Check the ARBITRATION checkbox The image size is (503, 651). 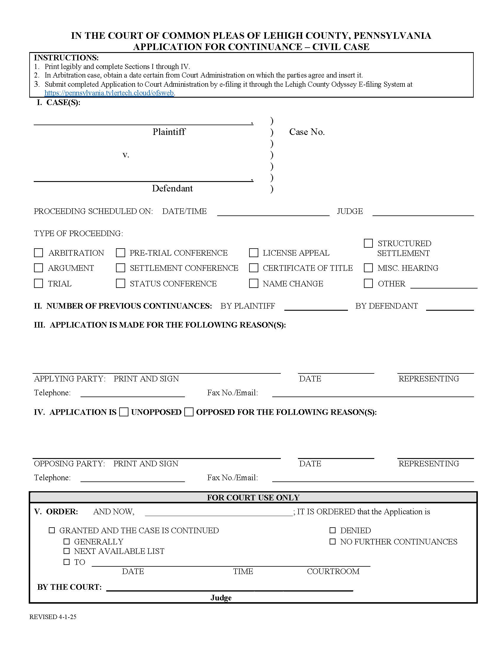(x=38, y=253)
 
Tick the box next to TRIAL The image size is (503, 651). (x=38, y=283)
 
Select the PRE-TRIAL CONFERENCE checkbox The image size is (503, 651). (x=120, y=253)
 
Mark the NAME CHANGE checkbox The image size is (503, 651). (x=254, y=283)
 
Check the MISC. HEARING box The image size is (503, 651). (x=368, y=268)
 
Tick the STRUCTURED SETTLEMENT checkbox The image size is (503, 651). (x=368, y=243)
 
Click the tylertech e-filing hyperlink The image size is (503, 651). (x=109, y=93)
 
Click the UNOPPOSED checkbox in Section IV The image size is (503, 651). (x=124, y=412)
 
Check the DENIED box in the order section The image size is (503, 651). (x=333, y=530)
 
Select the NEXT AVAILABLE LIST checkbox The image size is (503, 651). (x=67, y=551)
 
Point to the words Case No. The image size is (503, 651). (x=307, y=132)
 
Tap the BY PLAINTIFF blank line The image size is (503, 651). (x=316, y=308)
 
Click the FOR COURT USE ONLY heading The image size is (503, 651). (x=253, y=497)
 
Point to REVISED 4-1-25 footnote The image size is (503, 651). (x=53, y=617)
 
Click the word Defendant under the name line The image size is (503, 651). (x=172, y=188)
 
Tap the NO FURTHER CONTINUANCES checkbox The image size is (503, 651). (x=333, y=541)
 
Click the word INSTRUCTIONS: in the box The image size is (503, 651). (x=66, y=57)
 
